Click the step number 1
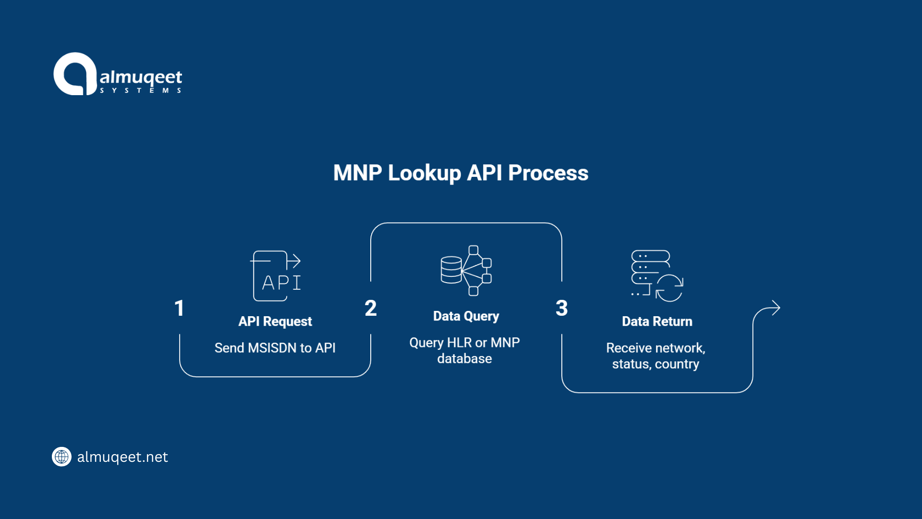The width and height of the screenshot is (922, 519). pos(179,309)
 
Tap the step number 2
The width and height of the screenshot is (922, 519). pos(370,309)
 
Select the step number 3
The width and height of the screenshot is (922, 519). pos(561,309)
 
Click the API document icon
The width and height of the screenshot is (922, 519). pos(276,276)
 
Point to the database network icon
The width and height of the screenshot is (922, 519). pos(466,271)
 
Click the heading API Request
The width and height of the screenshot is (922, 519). pos(275,321)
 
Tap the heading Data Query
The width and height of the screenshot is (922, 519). pos(466,316)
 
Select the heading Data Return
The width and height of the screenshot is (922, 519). pos(657,321)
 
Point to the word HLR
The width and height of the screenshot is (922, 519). pos(459,343)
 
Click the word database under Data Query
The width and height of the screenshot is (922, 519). pos(464,359)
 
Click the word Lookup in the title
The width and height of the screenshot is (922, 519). pos(424,173)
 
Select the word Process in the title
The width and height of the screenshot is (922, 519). pos(548,173)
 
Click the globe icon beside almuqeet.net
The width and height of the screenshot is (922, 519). pos(61,457)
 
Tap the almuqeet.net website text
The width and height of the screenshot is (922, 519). pos(122,457)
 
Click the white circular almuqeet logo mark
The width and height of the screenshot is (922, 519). pos(75,74)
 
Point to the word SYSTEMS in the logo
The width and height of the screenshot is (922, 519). pos(140,90)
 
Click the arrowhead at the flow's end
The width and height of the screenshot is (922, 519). pos(776,308)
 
